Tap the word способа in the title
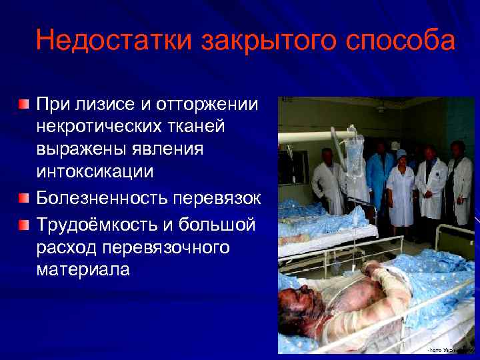point(400,41)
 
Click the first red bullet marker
point(24,105)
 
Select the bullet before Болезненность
point(24,199)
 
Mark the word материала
point(83,270)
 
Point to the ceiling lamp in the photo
point(381,107)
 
